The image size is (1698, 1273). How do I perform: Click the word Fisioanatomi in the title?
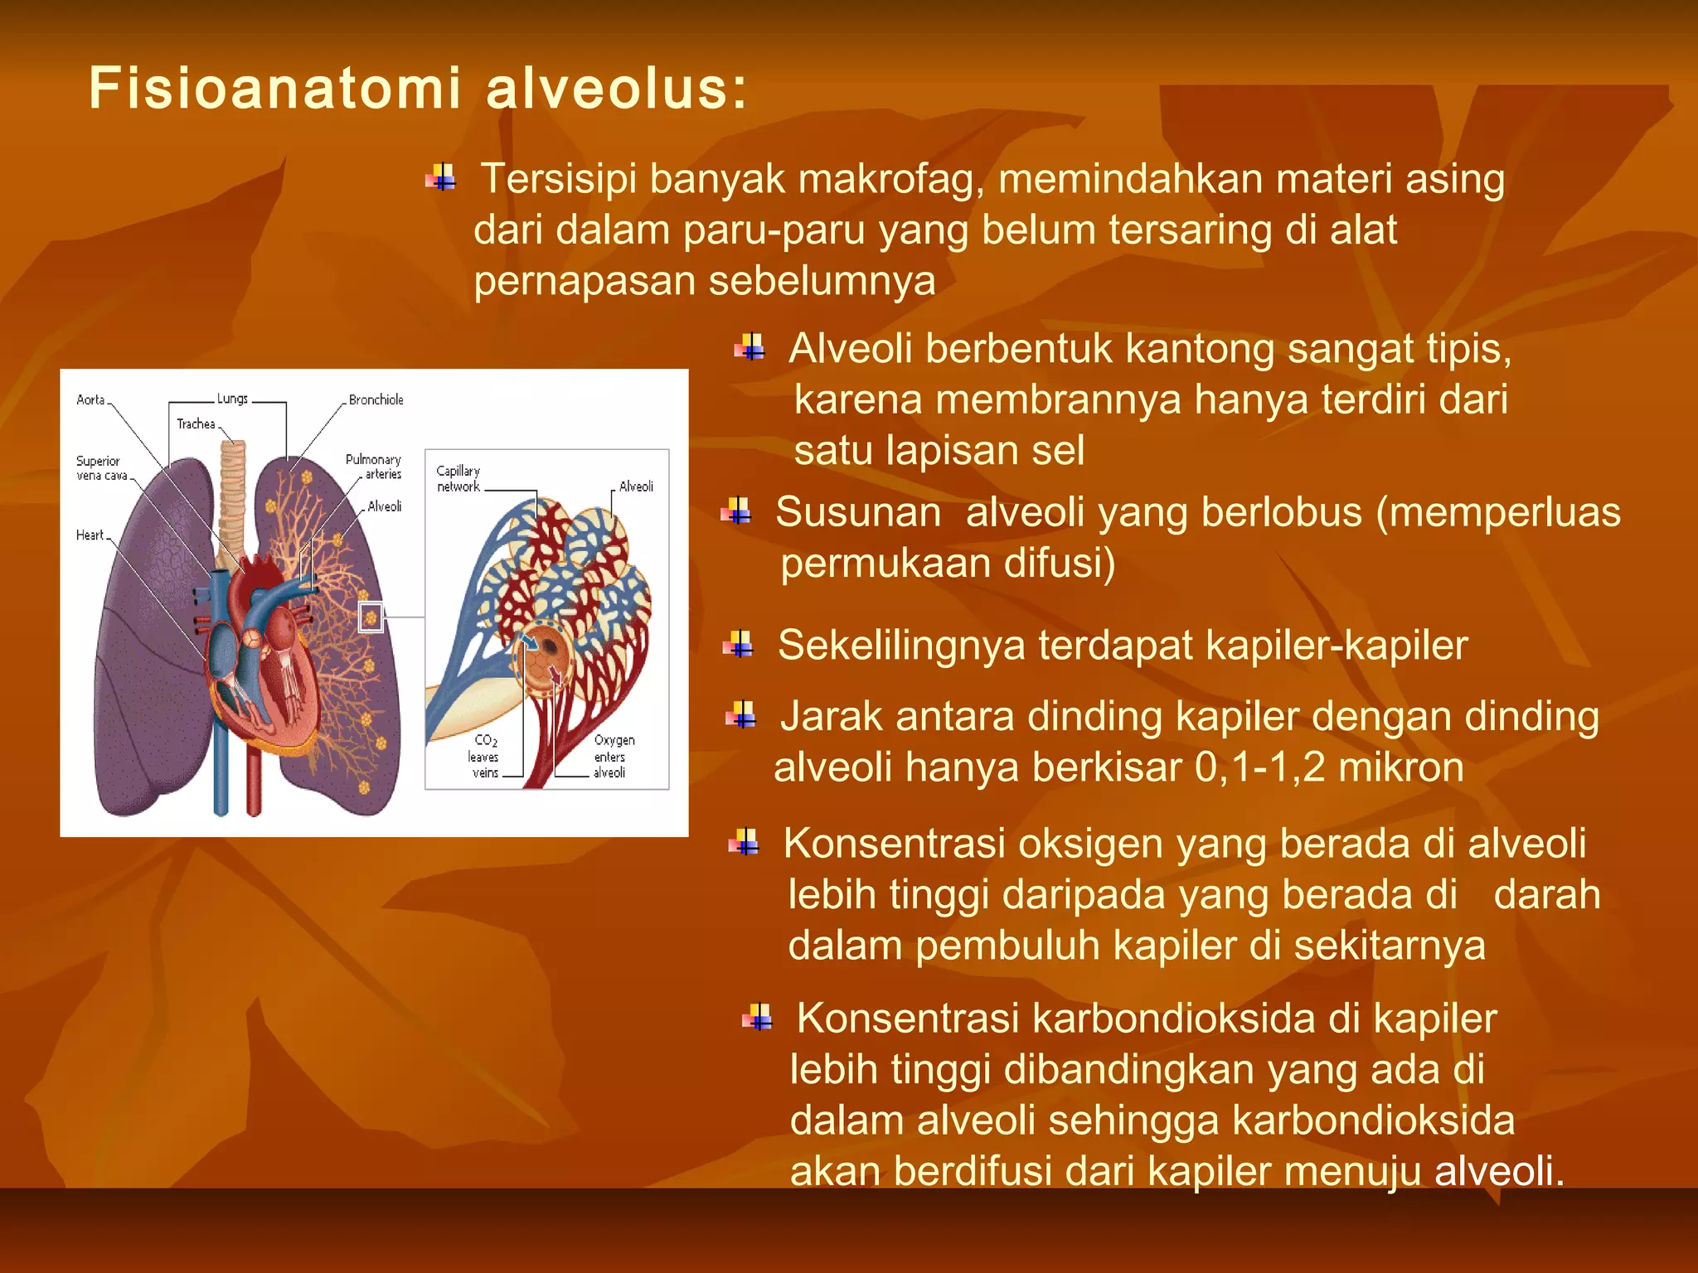274,89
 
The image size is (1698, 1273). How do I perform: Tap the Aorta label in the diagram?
90,399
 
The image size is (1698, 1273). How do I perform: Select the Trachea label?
196,424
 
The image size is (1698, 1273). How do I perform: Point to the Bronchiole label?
376,399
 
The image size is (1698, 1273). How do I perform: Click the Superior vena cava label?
101,468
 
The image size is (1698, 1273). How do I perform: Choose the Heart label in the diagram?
90,535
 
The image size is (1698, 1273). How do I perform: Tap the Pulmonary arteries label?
374,467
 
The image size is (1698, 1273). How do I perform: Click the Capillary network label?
458,479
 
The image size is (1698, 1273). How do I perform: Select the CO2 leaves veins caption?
484,757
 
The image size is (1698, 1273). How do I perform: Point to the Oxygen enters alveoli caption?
613,757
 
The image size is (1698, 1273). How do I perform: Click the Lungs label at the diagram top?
232,399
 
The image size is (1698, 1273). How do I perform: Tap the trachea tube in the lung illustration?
233,497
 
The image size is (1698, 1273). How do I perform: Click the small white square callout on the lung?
371,617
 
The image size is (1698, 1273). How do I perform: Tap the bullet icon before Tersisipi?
441,178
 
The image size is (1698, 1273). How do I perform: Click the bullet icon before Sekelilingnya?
737,644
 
